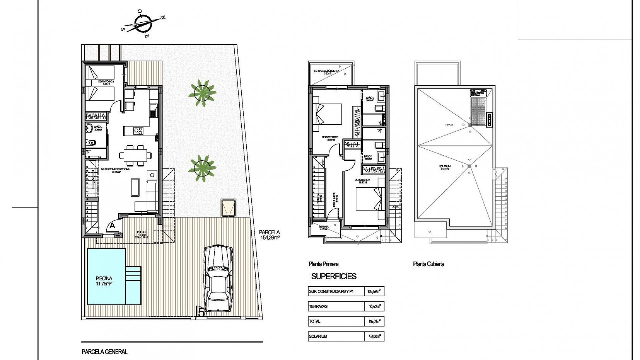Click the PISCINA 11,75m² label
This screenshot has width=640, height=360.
pos(104,281)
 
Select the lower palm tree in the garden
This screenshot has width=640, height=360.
pos(202,168)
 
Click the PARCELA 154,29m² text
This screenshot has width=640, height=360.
pos(269,235)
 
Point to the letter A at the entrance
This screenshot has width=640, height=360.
pos(112,226)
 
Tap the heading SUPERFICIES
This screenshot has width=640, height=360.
pos(334,276)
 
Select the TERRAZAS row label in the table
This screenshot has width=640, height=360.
pos(318,306)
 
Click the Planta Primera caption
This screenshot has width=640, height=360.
pos(324,264)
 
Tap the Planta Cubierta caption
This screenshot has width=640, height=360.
pos(428,264)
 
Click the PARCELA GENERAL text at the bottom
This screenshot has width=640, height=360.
pos(104,352)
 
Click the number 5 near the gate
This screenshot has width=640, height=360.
pos(201,312)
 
